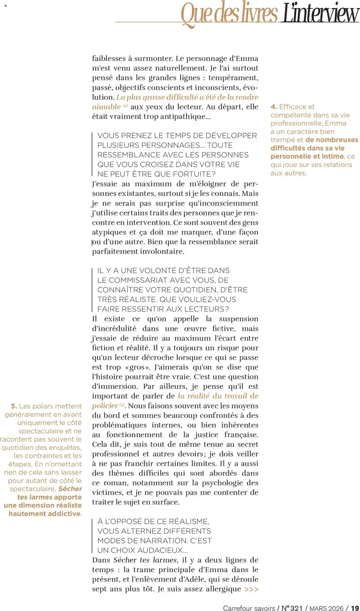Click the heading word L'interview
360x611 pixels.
(x=320, y=14)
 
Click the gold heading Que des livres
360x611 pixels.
(x=229, y=14)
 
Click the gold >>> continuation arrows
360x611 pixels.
(x=251, y=589)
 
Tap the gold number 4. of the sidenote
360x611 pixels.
(x=274, y=107)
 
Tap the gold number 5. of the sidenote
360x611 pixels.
(x=14, y=406)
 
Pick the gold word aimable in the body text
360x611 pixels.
(x=105, y=107)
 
